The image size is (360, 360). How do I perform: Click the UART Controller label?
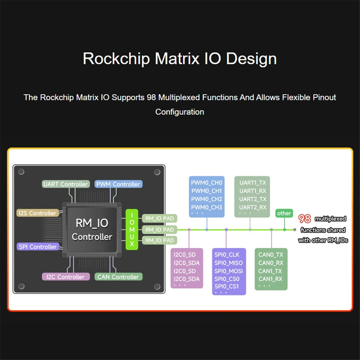(x=65, y=184)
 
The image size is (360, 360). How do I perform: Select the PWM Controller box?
(x=118, y=184)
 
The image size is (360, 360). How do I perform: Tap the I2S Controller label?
(x=37, y=213)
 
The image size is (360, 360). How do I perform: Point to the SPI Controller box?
(x=37, y=247)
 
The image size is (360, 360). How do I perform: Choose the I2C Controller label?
(x=65, y=277)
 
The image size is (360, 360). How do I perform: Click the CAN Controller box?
(x=118, y=277)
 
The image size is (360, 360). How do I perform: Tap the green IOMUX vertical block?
(x=132, y=229)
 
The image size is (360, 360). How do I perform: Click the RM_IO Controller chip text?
(x=92, y=230)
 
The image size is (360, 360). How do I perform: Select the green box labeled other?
(x=284, y=213)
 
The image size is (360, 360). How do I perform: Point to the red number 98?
(x=304, y=219)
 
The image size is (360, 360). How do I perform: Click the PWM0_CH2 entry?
(x=207, y=199)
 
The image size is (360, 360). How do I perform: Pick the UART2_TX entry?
(x=253, y=199)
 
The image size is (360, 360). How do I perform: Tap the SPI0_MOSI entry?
(x=228, y=271)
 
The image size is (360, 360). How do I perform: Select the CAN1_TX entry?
(x=270, y=271)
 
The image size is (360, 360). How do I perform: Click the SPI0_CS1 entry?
(x=226, y=286)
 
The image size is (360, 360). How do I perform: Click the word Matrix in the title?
(x=177, y=58)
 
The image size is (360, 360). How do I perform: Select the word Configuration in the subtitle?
(x=180, y=112)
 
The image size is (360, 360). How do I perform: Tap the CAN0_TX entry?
(x=271, y=255)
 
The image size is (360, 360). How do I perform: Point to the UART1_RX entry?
(x=253, y=191)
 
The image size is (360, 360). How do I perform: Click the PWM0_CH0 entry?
(x=207, y=183)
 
